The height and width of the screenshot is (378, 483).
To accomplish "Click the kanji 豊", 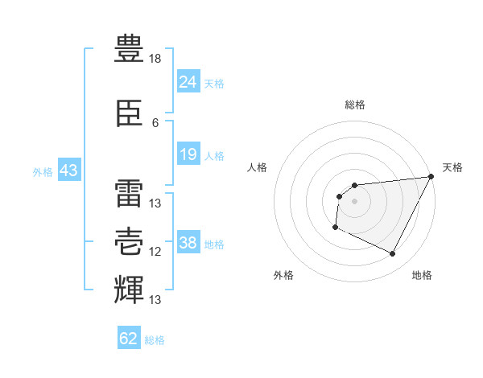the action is (x=129, y=48).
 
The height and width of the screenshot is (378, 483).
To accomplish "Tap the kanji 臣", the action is (x=129, y=113).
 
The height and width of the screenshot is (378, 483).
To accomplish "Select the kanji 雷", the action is (x=129, y=193).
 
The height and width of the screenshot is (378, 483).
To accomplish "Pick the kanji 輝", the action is (x=129, y=290).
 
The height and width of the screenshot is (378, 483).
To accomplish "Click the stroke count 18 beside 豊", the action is (x=155, y=59).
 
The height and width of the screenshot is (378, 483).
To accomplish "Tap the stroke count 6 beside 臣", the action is (x=155, y=123).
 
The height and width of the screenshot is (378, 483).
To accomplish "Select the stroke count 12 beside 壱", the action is (x=155, y=252).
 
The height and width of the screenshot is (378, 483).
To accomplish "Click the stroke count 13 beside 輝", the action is (x=155, y=299).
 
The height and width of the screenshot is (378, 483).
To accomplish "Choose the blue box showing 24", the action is (x=188, y=81).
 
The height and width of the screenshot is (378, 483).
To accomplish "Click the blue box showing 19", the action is (x=188, y=154).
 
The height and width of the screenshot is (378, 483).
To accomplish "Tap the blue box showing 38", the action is (x=188, y=241).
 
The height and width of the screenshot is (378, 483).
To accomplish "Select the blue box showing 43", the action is (x=69, y=170).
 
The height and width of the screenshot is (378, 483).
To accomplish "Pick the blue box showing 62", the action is (x=129, y=337).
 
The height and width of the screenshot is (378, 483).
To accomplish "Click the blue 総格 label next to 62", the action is (x=155, y=340).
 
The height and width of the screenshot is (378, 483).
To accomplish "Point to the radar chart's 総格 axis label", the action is (x=355, y=105).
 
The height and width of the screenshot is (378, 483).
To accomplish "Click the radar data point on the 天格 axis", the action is (x=431, y=176).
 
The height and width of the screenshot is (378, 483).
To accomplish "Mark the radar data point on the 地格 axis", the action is (x=392, y=253).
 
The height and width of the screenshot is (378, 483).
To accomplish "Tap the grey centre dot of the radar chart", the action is (x=354, y=201).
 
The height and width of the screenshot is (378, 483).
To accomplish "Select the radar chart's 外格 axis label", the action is (x=283, y=275).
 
